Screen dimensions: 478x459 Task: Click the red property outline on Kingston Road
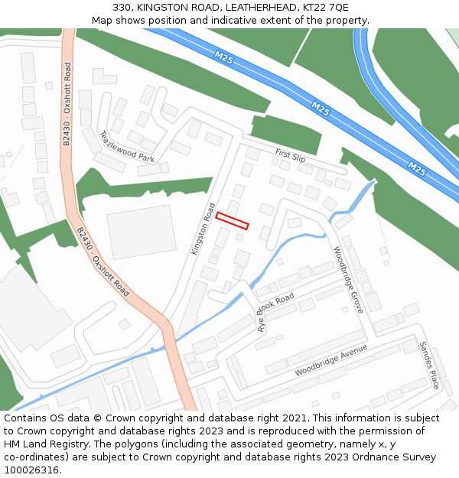[233, 220]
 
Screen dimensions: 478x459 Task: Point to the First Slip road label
[290, 156]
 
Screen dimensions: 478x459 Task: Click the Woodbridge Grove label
[347, 279]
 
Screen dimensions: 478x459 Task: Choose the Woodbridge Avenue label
[331, 360]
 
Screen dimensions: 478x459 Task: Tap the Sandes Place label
[428, 365]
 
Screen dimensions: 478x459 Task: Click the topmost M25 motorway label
[224, 57]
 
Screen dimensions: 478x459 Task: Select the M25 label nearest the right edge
[416, 167]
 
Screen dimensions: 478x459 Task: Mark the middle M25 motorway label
[321, 110]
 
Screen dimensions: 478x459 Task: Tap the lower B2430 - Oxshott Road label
[103, 261]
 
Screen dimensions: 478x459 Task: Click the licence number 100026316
[31, 470]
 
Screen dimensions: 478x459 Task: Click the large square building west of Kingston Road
[141, 231]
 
